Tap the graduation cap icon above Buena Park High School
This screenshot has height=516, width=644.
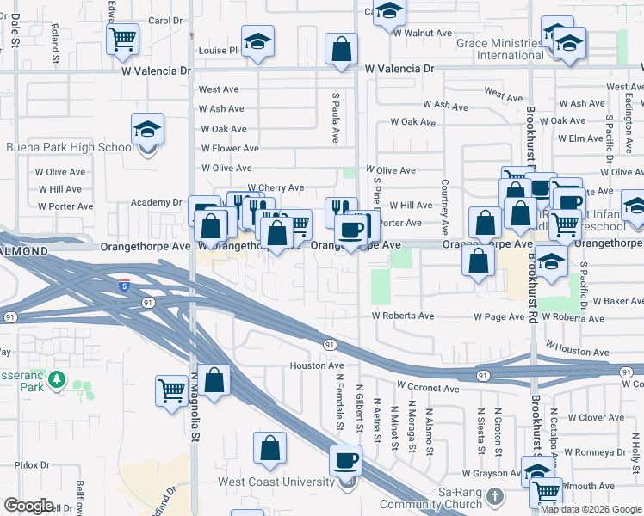coord(147,131)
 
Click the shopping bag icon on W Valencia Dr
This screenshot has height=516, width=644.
coord(341,49)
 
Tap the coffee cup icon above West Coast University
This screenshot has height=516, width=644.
coord(346,460)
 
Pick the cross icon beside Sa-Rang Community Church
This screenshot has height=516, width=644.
coord(494,496)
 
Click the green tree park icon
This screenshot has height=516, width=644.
coord(57,378)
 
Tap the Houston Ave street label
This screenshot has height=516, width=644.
coord(317,365)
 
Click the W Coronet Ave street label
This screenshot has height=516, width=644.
coord(428,388)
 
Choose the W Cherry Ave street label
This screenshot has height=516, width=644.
coord(276,187)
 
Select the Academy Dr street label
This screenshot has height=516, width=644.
coord(157,202)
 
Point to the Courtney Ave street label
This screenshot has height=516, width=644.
coord(444,206)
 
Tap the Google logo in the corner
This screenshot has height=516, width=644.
coord(28,506)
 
